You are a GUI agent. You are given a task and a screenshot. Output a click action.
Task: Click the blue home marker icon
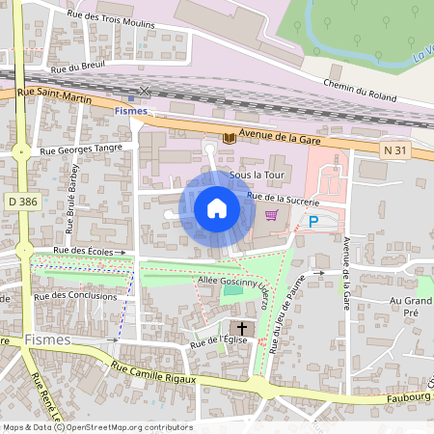(x=216, y=208)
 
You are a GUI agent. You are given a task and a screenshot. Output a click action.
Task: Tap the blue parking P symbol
(x=312, y=221)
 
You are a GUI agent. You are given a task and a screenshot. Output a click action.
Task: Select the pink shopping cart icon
(x=272, y=215)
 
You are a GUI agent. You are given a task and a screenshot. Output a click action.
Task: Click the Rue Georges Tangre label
(x=81, y=149)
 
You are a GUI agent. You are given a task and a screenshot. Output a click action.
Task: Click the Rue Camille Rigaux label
(x=153, y=372)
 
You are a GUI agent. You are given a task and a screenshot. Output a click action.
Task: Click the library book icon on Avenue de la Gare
(x=229, y=139)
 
